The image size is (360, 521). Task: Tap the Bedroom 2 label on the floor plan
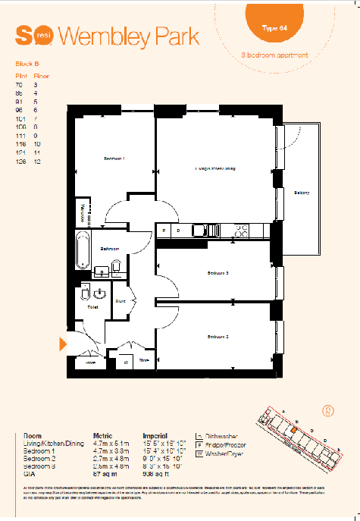point(218,335)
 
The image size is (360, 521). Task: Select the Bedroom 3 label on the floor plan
point(218,272)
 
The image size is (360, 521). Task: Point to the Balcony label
point(302,193)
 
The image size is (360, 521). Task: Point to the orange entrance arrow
point(64,343)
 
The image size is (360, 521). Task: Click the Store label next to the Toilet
point(120,300)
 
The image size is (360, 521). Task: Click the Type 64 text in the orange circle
point(274,27)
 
